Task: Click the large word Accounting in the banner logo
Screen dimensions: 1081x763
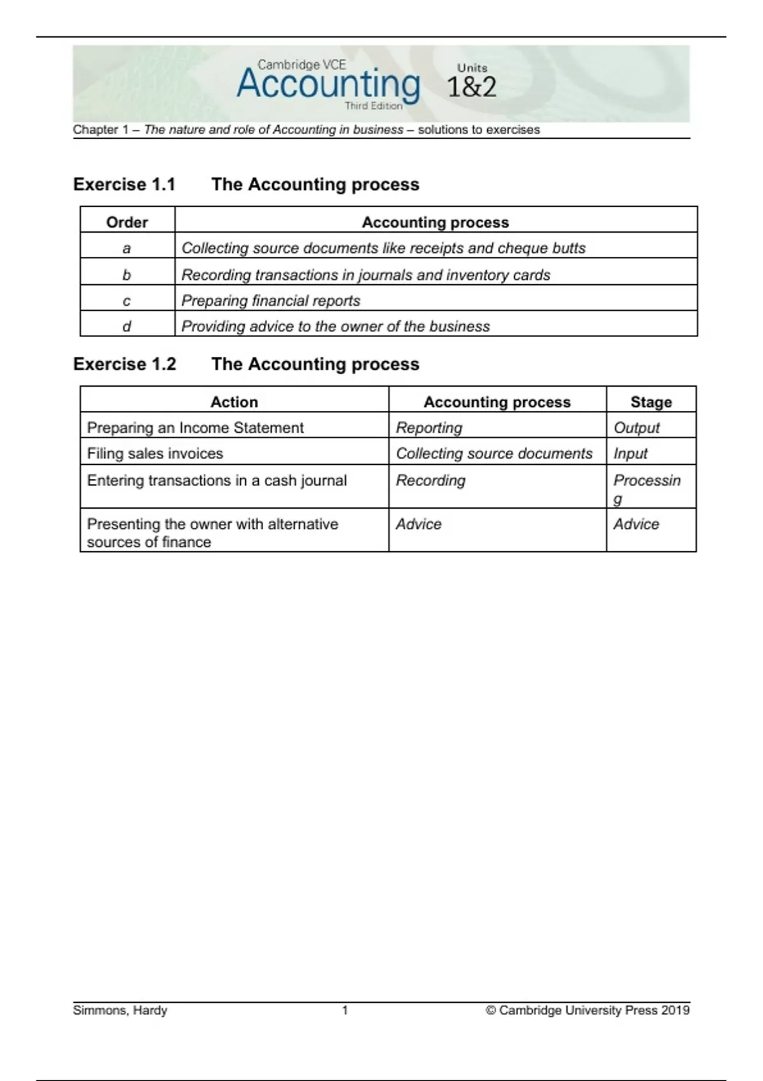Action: pos(328,85)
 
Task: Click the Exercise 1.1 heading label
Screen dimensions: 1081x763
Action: pos(124,184)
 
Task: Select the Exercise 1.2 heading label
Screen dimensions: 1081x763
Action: pos(125,364)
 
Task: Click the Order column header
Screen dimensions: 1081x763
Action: pos(127,222)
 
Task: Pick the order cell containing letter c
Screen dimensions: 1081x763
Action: pos(127,301)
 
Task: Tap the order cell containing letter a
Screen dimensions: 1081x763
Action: pos(127,248)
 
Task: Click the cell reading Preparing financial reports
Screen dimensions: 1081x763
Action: pos(271,301)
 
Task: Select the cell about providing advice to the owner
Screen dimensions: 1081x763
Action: pos(336,326)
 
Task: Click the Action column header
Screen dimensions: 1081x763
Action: pos(234,402)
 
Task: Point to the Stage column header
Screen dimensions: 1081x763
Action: pos(651,402)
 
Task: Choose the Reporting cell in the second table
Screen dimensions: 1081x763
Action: pos(429,428)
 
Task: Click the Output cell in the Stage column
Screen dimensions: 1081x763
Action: pos(636,428)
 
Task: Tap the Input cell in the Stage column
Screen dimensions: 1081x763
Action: pos(630,453)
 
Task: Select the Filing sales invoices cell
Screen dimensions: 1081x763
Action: pos(155,453)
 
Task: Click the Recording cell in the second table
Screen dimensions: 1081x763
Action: pos(430,480)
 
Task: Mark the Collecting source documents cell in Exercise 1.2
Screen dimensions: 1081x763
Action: pos(494,453)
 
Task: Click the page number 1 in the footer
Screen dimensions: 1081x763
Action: pos(345,1010)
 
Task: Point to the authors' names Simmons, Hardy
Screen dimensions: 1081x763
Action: pos(120,1010)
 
